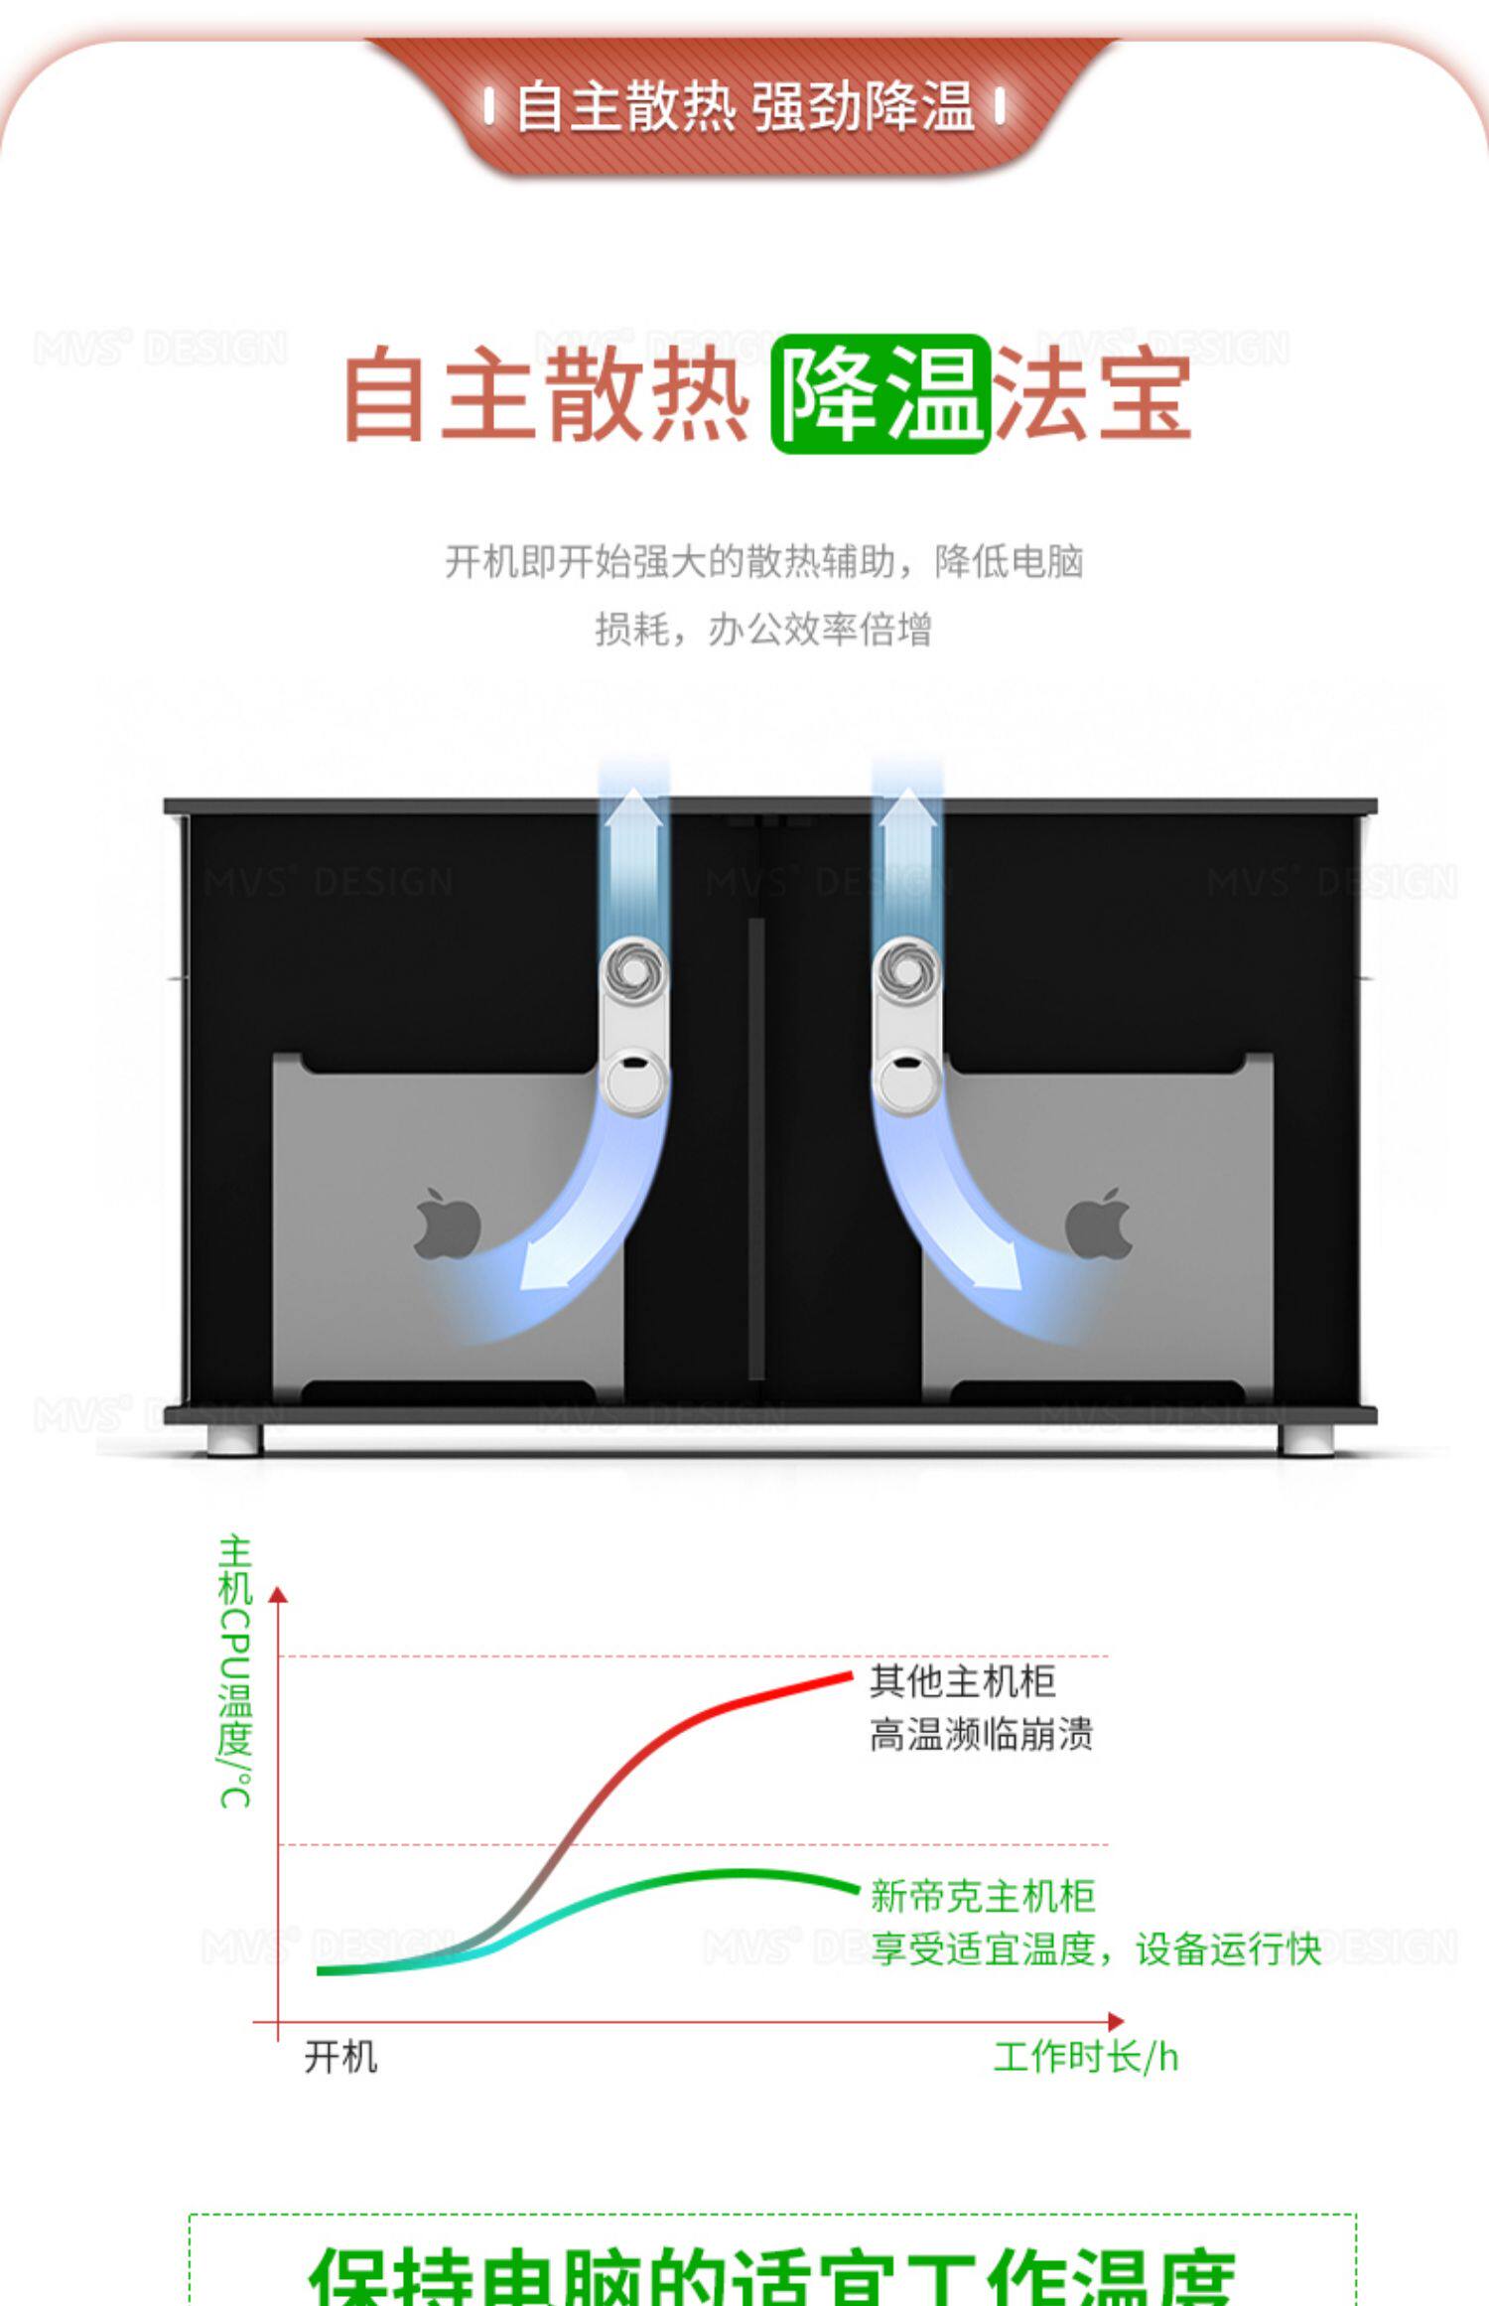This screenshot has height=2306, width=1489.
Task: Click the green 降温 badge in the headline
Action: coord(880,394)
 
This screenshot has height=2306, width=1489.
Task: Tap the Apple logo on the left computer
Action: coord(447,1224)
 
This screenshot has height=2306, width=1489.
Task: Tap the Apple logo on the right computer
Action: coord(1099,1224)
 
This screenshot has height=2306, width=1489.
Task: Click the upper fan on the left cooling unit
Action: coord(633,968)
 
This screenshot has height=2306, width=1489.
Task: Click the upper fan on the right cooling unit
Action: coord(906,968)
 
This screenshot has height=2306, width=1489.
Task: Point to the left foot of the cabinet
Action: coord(235,1439)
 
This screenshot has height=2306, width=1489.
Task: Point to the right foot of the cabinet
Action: coord(1305,1439)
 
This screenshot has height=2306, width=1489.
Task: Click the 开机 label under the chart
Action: coord(340,2057)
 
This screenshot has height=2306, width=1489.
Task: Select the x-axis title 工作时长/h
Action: coord(1086,2057)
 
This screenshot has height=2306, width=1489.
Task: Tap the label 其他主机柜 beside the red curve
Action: coord(962,1681)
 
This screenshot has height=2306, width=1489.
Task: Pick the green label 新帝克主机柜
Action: coord(983,1896)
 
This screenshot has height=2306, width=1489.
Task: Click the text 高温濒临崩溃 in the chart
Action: coord(981,1735)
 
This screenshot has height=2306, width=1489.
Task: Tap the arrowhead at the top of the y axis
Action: coord(278,1595)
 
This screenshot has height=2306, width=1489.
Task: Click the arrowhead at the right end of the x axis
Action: coord(1116,2022)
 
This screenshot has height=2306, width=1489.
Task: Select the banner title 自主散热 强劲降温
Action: coord(744,107)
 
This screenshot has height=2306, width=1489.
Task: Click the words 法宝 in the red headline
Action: coord(1092,394)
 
